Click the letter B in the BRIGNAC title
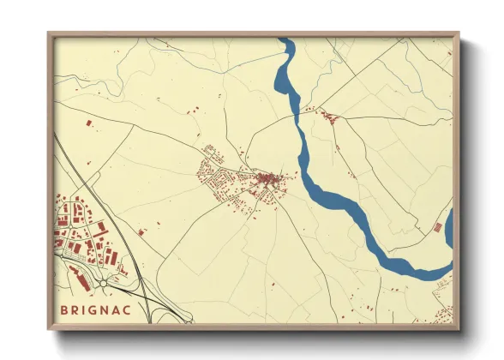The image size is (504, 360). pyautogui.click(x=63, y=309)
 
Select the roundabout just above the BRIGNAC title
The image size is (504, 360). pyautogui.click(x=103, y=283)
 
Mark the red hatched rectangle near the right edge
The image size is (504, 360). pyautogui.click(x=438, y=227)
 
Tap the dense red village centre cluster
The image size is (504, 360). pyautogui.click(x=270, y=179)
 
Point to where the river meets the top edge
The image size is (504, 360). pyautogui.click(x=286, y=40)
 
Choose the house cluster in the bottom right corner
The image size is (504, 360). pyautogui.click(x=442, y=317)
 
